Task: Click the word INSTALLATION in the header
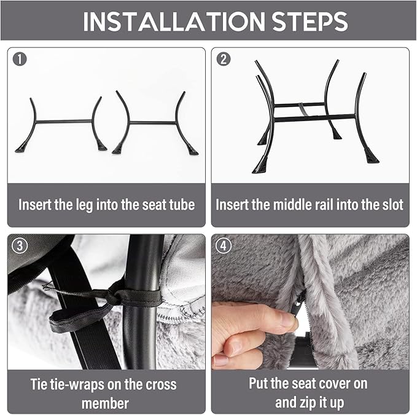pyautogui.click(x=174, y=21)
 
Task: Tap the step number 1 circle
pyautogui.click(x=20, y=59)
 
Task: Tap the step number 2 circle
pyautogui.click(x=224, y=59)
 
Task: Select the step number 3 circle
pyautogui.click(x=20, y=245)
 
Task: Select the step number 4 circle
pyautogui.click(x=224, y=245)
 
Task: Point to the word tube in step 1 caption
pyautogui.click(x=182, y=205)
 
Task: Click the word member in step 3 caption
pyautogui.click(x=105, y=403)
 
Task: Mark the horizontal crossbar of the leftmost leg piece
pyautogui.click(x=64, y=121)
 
